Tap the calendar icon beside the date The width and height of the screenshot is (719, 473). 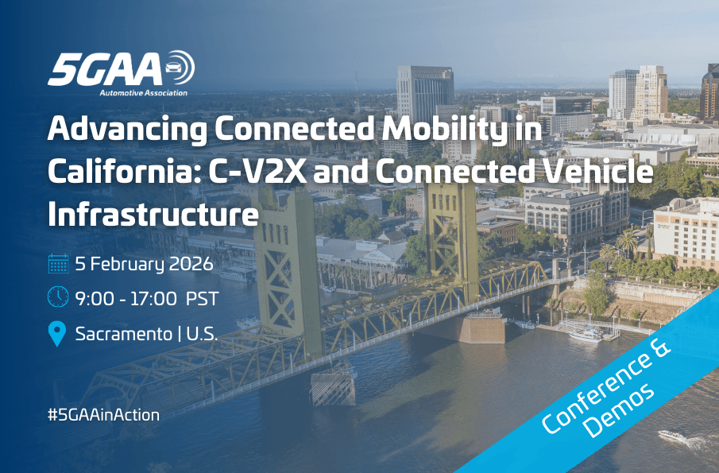coord(57,263)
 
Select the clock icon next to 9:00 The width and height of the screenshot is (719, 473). coord(57,298)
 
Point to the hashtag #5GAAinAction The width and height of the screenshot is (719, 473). coord(103,414)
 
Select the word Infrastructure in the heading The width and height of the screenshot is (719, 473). coord(153,213)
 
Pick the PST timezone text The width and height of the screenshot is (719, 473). coord(203,299)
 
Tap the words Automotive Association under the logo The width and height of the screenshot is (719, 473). coord(144,93)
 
